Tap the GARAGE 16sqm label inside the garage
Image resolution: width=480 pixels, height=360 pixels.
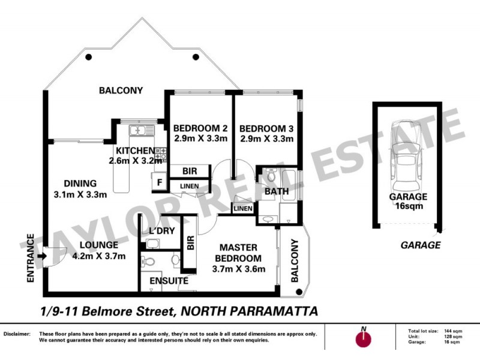click(408, 201)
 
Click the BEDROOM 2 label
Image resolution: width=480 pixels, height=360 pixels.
click(200, 133)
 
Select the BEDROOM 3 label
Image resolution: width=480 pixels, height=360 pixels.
click(266, 133)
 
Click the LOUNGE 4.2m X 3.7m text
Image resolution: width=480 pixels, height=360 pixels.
click(99, 251)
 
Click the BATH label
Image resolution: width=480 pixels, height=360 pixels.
click(277, 191)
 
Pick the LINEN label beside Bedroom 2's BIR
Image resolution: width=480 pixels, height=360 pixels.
click(189, 186)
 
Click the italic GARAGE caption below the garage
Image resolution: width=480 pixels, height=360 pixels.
click(421, 245)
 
